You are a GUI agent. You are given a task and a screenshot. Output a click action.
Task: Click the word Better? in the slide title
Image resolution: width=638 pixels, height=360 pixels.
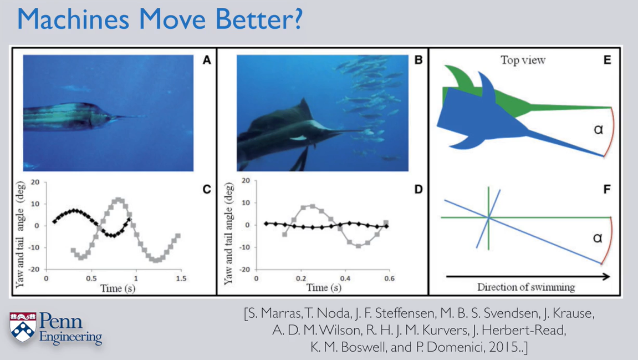259,19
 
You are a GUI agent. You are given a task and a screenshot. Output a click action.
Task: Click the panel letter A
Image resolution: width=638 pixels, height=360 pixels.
207,60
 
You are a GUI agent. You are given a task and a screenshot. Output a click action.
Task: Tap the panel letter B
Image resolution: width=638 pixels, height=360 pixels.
418,60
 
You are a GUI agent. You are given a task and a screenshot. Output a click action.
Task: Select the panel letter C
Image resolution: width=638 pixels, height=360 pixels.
207,189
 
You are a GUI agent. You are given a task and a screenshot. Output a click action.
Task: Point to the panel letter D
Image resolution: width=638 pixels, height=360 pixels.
418,189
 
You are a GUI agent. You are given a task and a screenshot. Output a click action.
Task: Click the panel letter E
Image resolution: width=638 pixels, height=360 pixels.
607,60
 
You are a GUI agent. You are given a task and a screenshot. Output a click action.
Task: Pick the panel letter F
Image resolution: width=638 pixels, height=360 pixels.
607,189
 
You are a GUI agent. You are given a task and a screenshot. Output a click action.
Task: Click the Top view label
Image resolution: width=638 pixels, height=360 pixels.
523,60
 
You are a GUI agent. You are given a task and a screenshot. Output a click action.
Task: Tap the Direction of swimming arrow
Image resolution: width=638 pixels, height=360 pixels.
528,276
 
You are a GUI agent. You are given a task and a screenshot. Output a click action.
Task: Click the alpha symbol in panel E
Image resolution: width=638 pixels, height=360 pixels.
598,129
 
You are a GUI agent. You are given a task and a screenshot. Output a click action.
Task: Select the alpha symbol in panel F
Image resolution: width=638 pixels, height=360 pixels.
598,238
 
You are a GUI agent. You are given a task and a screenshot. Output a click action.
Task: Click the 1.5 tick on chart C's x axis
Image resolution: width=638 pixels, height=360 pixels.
181,278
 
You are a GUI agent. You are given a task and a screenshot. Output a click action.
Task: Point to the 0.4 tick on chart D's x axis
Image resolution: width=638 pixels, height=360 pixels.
345,278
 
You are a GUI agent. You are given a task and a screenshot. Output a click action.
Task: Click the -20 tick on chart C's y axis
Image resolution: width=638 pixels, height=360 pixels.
34,269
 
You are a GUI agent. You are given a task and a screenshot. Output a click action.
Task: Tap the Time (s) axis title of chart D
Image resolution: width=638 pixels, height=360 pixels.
324,288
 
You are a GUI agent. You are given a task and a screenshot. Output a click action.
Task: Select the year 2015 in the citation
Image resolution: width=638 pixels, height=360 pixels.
504,347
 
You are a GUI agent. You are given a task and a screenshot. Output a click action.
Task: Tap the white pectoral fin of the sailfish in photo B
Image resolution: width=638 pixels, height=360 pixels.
298,138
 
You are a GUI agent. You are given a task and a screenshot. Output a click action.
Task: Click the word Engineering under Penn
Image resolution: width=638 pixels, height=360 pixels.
70,338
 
